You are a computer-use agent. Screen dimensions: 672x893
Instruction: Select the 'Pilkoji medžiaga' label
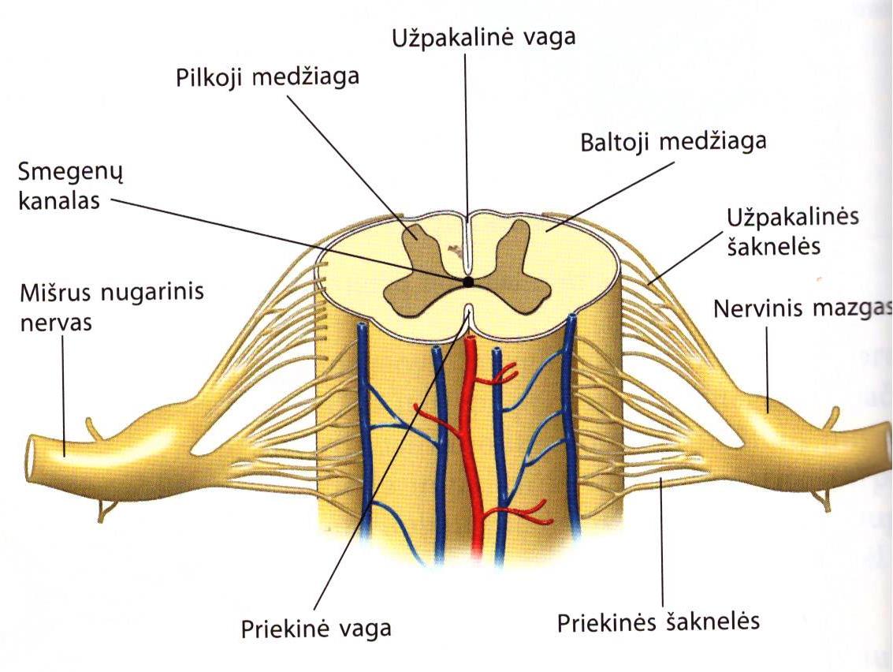[x=266, y=78]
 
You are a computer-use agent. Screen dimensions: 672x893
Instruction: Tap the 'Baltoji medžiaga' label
[x=673, y=144]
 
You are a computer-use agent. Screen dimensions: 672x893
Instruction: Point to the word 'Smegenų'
[x=60, y=172]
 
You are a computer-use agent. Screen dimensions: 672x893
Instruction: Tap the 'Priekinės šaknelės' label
[x=658, y=622]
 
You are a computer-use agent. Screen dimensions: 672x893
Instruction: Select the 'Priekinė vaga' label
[x=315, y=629]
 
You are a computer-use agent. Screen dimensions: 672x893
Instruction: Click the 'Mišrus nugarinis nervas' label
[x=110, y=308]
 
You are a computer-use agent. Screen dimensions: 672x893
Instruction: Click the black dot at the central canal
[x=468, y=282]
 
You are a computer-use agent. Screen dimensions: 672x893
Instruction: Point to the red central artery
[x=474, y=442]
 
